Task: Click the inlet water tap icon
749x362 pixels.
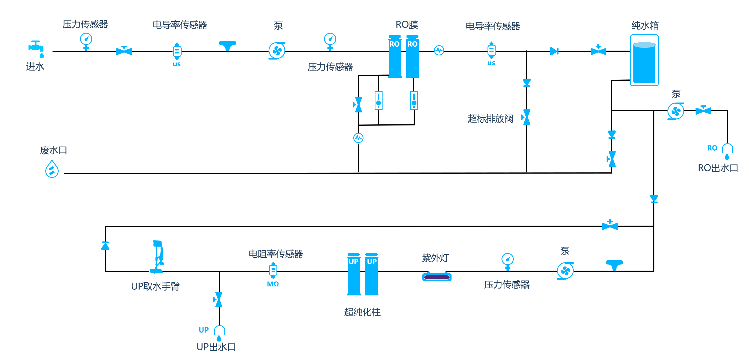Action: coord(36,49)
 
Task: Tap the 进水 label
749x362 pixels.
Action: coord(35,67)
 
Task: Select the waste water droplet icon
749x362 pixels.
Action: coord(52,169)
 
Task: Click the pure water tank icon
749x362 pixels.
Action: coord(644,60)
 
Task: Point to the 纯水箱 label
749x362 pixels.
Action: coord(645,26)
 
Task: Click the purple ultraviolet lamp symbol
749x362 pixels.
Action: coord(437,276)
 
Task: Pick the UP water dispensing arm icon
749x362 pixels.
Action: coord(157,257)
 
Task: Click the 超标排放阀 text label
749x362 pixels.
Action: coord(490,119)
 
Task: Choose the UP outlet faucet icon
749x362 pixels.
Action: coord(219,333)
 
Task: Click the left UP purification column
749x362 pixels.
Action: coord(354,274)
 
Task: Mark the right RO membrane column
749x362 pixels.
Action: coord(412,56)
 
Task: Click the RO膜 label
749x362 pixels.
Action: coord(407,25)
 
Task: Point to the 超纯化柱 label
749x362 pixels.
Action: coord(362,312)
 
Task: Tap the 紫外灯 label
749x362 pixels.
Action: coord(435,258)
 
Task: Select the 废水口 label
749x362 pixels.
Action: coord(53,150)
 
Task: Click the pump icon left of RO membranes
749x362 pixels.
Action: coord(277,51)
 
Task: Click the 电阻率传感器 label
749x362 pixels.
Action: coord(276,254)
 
